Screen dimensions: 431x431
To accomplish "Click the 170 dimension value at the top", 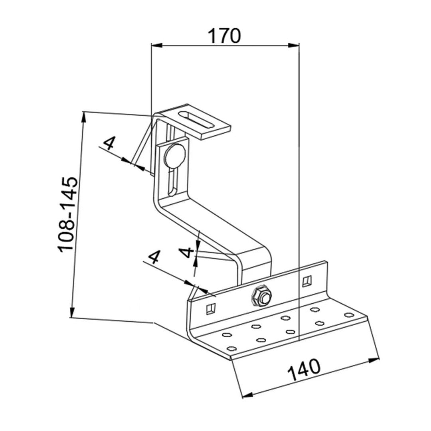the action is coord(224,36).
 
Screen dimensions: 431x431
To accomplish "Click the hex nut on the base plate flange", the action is coord(261,297).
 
